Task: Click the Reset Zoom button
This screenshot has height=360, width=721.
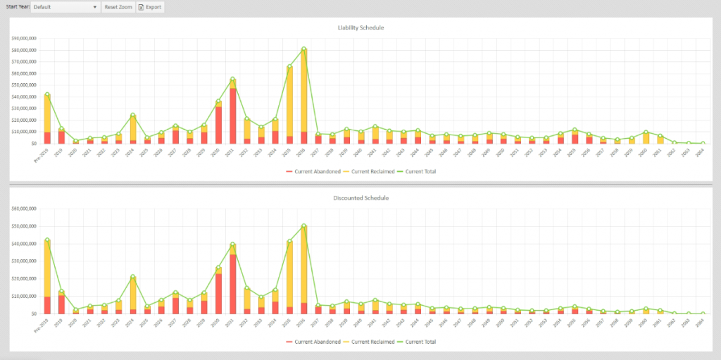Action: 118,7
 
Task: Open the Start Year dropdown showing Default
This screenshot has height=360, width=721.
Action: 65,7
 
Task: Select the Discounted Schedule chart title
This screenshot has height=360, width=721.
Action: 360,198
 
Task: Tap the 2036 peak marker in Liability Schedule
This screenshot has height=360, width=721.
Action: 303,49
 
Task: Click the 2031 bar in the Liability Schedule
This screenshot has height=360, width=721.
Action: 232,113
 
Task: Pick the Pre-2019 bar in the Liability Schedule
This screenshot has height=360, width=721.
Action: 47,120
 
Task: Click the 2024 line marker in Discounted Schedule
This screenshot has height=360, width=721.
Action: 132,277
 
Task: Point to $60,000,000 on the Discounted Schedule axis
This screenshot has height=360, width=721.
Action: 24,209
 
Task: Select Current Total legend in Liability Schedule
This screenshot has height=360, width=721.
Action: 418,171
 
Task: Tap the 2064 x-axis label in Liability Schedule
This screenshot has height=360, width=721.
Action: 698,152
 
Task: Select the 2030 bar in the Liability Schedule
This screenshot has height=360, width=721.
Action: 218,123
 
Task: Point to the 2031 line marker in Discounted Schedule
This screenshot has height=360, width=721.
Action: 232,244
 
